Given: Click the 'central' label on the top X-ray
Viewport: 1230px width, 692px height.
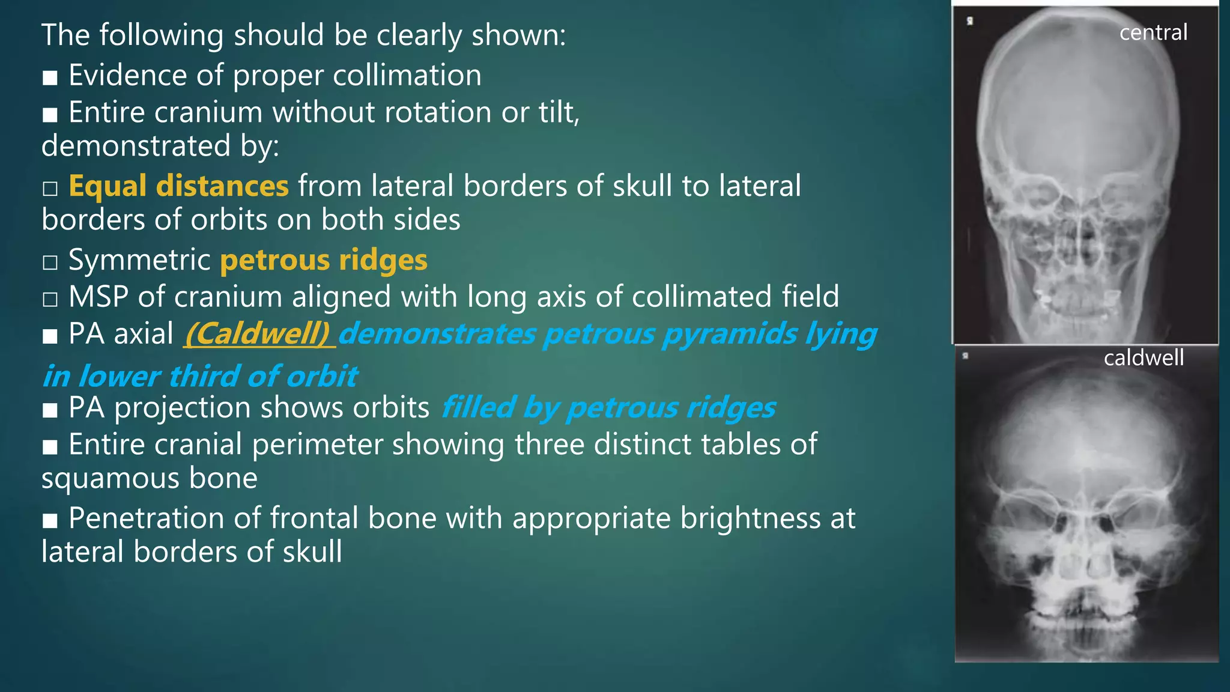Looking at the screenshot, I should coord(1153,32).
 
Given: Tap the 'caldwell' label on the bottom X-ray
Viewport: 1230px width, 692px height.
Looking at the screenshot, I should coord(1144,358).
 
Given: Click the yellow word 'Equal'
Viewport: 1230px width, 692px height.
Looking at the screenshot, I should coord(107,186).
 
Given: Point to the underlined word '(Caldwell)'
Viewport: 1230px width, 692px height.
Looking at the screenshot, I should coord(258,334).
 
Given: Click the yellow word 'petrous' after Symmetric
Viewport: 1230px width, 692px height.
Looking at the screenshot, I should coord(275,260).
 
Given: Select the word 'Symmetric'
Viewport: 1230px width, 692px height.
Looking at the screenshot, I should coord(139,260).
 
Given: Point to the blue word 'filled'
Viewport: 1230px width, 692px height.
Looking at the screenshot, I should coord(478,408).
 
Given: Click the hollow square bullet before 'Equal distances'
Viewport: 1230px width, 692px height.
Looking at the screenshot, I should coord(50,189).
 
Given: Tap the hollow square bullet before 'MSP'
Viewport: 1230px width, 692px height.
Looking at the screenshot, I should coord(50,299).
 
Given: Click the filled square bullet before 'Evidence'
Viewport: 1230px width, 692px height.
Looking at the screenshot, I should coord(50,78).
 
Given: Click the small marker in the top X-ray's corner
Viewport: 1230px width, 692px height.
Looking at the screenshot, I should coord(970,21).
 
